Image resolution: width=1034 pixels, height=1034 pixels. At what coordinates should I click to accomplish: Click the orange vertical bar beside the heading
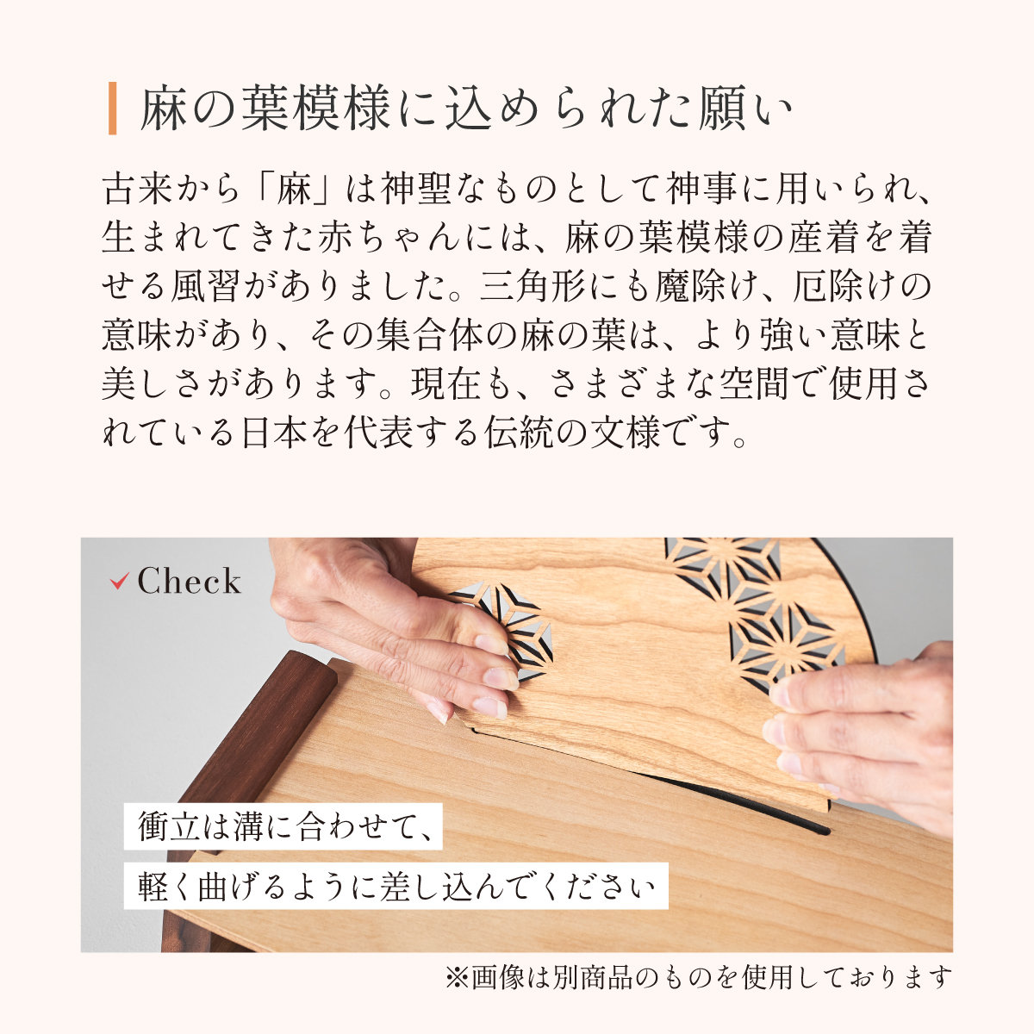click(x=112, y=109)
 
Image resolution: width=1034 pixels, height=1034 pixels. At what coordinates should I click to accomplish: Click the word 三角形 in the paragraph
click(x=532, y=286)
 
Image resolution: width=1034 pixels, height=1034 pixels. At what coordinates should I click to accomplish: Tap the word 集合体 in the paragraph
click(x=427, y=335)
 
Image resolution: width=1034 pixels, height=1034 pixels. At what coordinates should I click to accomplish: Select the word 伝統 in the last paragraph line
click(x=518, y=432)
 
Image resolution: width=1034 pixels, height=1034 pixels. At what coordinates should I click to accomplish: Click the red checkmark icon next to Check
click(x=119, y=581)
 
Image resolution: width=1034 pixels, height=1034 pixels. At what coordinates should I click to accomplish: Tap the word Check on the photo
click(x=190, y=581)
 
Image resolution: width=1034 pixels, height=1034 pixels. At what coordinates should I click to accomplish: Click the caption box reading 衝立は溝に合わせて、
click(x=283, y=827)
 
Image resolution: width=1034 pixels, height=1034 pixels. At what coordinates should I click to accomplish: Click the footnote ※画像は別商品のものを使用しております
click(x=699, y=977)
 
